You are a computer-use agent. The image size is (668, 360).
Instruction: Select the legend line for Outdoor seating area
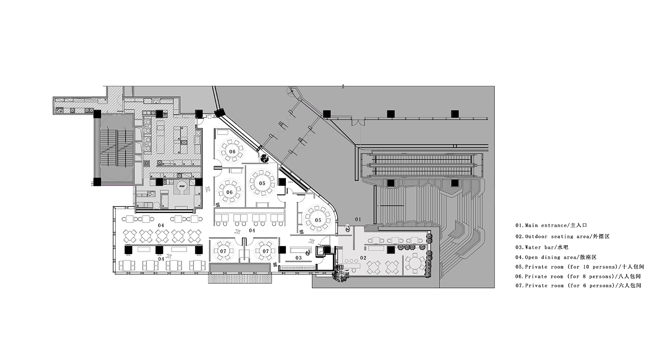562,237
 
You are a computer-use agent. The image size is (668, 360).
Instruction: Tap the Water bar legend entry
542,247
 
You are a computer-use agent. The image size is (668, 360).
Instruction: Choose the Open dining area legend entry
556,257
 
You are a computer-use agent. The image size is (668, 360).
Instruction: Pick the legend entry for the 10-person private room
580,267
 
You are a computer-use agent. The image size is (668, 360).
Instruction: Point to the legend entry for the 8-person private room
578,276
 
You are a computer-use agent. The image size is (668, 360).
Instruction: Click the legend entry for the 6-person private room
578,286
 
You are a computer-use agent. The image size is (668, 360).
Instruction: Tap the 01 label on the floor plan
358,219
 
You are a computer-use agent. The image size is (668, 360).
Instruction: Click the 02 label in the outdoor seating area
363,258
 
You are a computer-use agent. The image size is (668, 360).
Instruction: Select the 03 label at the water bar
298,258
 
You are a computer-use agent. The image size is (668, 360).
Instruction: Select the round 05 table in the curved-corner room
318,220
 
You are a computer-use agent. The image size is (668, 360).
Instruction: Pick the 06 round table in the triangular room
232,151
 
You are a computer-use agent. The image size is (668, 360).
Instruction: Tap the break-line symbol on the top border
343,86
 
